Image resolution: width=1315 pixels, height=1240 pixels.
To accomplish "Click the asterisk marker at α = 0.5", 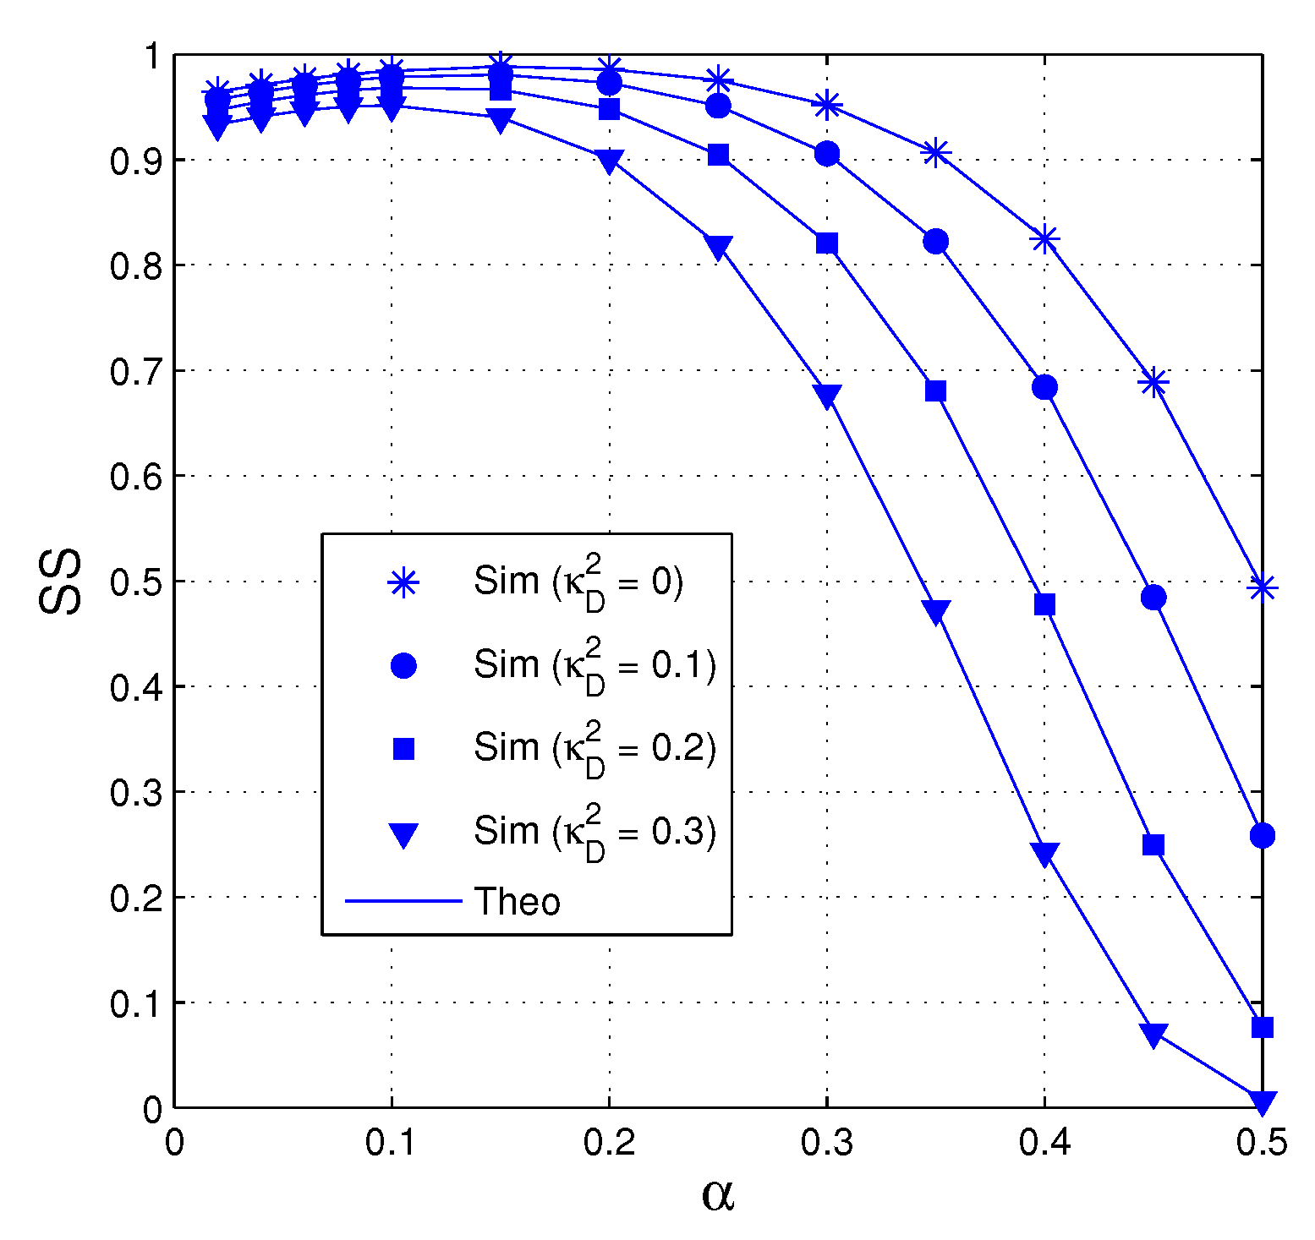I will (x=1262, y=587).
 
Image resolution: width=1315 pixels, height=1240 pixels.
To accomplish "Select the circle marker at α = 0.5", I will (x=1262, y=836).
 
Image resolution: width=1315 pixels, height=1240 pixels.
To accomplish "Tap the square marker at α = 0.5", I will (x=1262, y=1027).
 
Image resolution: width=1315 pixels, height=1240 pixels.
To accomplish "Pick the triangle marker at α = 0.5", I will (x=1262, y=1101).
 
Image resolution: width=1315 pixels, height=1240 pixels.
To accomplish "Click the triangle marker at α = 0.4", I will (x=1044, y=854).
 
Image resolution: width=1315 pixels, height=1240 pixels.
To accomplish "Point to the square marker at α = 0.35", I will (x=935, y=391).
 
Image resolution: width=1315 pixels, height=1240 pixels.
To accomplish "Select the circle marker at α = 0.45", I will (x=1153, y=598).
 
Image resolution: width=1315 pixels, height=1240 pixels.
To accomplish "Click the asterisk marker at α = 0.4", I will (x=1044, y=239).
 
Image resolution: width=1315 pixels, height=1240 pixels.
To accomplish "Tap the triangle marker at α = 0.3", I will (x=827, y=396).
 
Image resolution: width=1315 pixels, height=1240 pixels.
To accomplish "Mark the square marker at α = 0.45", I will (x=1153, y=845).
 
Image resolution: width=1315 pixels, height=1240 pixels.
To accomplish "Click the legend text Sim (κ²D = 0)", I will (x=578, y=581).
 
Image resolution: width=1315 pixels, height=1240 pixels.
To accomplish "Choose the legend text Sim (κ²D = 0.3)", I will (x=594, y=832).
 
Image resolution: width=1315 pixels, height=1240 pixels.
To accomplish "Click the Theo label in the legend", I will (x=517, y=902).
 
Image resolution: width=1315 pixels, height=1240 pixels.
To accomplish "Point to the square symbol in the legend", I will (x=403, y=749).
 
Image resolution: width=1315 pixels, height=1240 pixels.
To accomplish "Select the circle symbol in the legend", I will (x=403, y=666).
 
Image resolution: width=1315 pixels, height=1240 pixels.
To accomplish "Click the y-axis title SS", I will (x=61, y=581).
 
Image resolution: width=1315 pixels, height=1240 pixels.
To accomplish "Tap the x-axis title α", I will (x=718, y=1194).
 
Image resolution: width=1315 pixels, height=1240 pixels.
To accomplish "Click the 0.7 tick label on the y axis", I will (x=134, y=371).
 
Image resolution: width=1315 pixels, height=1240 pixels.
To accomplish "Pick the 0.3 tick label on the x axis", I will (x=826, y=1143).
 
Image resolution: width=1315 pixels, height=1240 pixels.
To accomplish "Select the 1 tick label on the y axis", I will (x=152, y=56).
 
